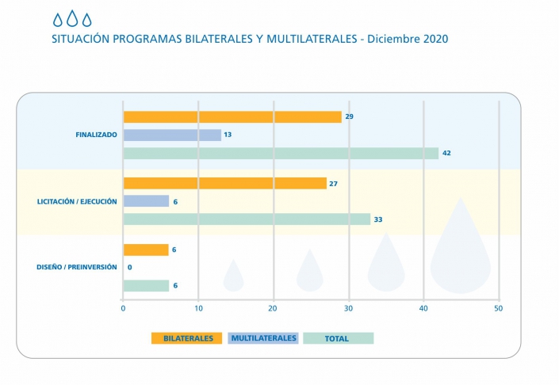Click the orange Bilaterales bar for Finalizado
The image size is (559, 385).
[232, 116]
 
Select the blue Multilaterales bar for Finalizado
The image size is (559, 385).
[172, 135]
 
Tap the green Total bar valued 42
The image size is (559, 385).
[281, 153]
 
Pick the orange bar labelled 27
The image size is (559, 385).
[225, 183]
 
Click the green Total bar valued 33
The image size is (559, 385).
[247, 219]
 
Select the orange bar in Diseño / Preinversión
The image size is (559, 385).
[146, 250]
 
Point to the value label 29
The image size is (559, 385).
[349, 116]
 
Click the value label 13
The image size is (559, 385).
[228, 135]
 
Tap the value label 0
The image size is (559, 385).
[129, 268]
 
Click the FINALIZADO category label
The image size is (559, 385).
[96, 135]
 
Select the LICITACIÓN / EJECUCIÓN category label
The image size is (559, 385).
[77, 201]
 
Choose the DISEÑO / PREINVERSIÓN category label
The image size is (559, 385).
[78, 267]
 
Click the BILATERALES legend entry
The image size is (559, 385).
[187, 338]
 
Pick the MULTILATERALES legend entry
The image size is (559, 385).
[263, 338]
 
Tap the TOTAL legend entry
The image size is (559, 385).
[337, 338]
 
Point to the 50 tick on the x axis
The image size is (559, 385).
[498, 307]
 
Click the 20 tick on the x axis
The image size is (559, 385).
[273, 307]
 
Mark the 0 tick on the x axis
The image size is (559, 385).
[123, 307]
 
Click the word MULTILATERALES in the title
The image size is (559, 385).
[302, 38]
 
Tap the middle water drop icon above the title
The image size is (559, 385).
[72, 19]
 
